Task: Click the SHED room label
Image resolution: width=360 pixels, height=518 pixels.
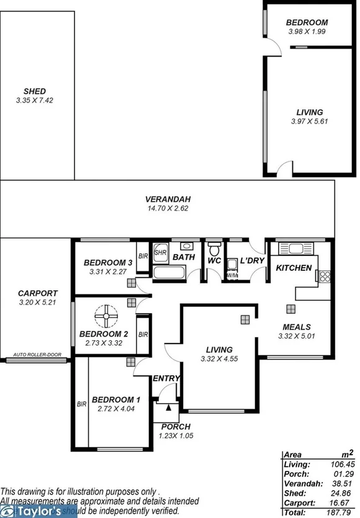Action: [x=35, y=91]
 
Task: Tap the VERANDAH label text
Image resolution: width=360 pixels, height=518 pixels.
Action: [x=168, y=199]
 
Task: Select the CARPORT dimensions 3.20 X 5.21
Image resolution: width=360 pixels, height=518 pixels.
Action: [x=38, y=304]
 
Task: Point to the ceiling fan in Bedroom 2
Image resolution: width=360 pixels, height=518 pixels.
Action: [x=106, y=317]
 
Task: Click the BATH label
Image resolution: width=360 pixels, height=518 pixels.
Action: [x=183, y=257]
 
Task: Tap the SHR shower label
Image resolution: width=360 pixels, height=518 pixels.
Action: [x=160, y=253]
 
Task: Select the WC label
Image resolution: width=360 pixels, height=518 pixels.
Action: [x=214, y=261]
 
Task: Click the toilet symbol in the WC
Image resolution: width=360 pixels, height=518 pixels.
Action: [x=214, y=247]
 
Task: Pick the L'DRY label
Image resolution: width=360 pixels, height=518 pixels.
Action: [x=252, y=261]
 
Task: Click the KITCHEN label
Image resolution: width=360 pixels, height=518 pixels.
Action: [x=294, y=268]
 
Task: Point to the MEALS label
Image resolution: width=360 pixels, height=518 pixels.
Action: [x=296, y=327]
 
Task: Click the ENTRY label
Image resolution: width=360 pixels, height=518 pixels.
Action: [x=166, y=378]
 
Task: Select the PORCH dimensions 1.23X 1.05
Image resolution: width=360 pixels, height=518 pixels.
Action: [x=176, y=435]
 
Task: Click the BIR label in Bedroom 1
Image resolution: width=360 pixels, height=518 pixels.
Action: [x=81, y=404]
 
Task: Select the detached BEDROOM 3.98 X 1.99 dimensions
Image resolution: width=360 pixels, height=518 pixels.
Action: [x=307, y=31]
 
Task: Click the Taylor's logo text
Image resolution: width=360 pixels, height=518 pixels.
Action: [x=37, y=512]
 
